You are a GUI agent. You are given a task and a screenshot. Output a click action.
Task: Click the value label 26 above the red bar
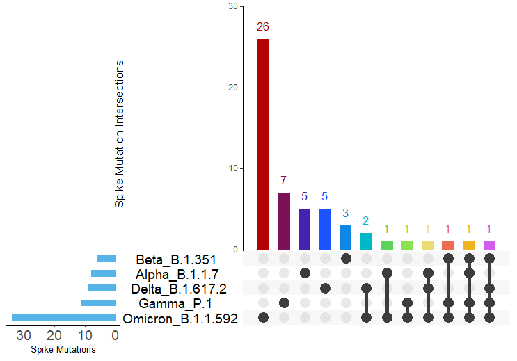(x=263, y=27)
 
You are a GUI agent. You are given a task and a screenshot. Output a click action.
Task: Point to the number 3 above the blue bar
(x=346, y=212)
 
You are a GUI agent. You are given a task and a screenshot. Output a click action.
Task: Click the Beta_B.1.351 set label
(x=171, y=259)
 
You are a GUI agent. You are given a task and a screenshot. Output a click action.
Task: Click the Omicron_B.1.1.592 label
(x=180, y=319)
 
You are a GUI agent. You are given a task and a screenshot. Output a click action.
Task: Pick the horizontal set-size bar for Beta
(x=106, y=259)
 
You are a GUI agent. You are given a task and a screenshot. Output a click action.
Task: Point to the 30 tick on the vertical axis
(x=233, y=7)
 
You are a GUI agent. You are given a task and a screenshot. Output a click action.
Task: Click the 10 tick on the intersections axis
(x=233, y=168)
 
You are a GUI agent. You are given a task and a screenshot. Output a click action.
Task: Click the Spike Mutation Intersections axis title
(x=120, y=134)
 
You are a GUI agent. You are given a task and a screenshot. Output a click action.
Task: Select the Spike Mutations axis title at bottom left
(x=63, y=350)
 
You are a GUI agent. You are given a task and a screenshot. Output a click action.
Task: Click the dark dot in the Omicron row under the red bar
(x=263, y=318)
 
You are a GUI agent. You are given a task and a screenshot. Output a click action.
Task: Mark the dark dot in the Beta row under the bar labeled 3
(x=346, y=259)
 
